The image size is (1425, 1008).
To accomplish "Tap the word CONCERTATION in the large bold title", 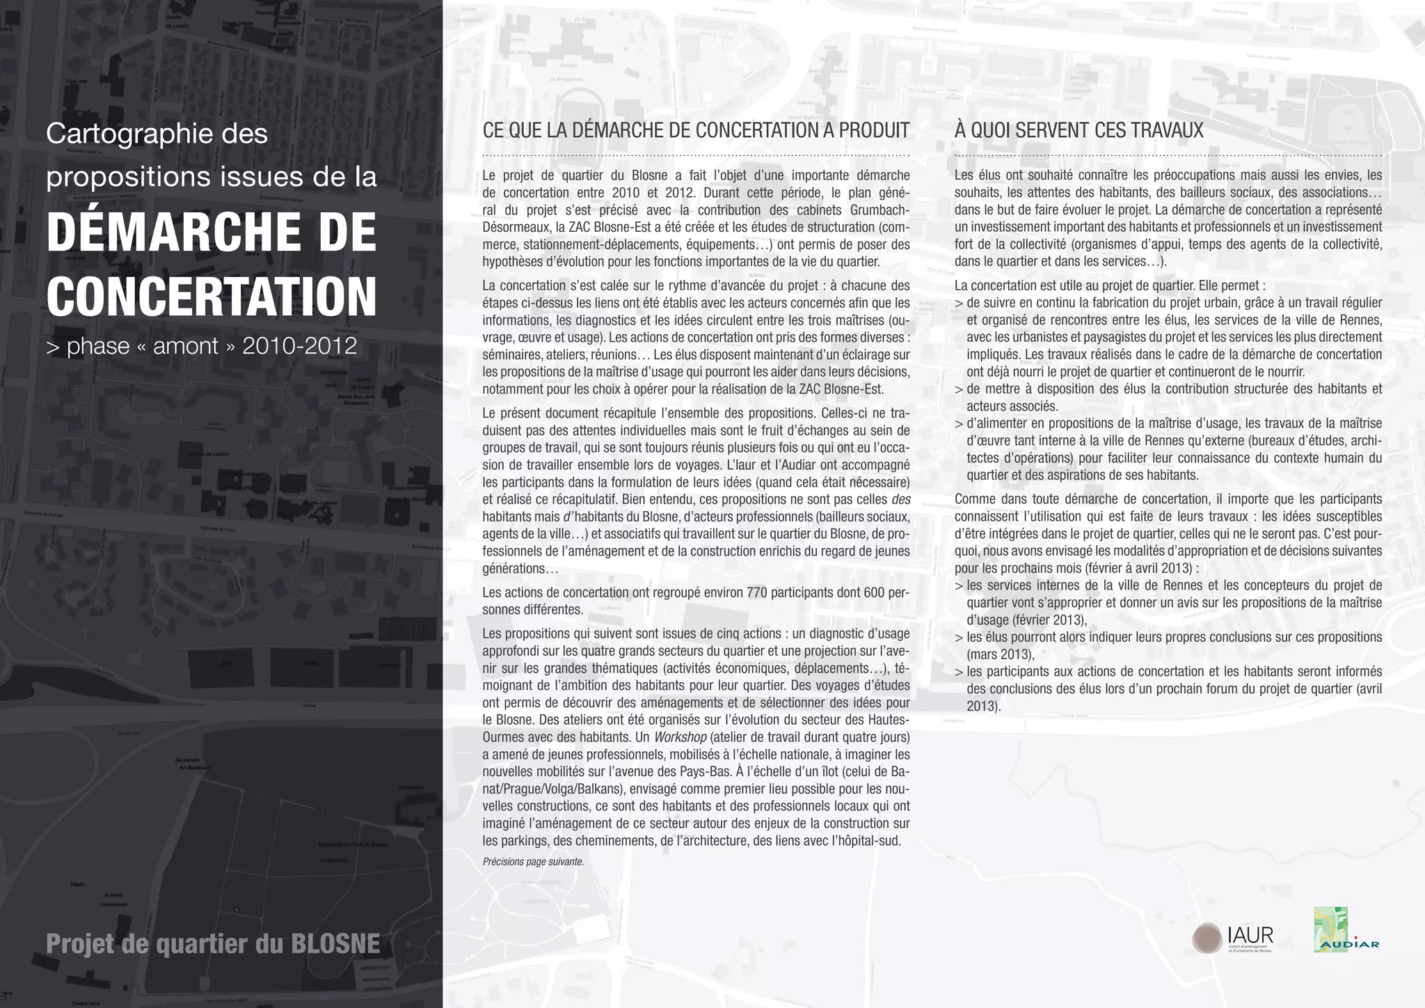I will click(x=212, y=296).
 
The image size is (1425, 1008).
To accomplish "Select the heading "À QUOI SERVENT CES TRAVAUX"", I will click(x=1078, y=131).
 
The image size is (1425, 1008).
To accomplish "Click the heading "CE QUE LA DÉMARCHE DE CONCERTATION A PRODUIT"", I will click(x=696, y=131).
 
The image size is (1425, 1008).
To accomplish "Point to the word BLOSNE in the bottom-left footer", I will click(x=335, y=944).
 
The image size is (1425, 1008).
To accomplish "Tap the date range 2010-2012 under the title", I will click(x=299, y=346).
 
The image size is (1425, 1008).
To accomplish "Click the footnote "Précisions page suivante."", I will click(x=533, y=862).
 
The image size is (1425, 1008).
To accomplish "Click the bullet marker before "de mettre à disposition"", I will click(x=959, y=390).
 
